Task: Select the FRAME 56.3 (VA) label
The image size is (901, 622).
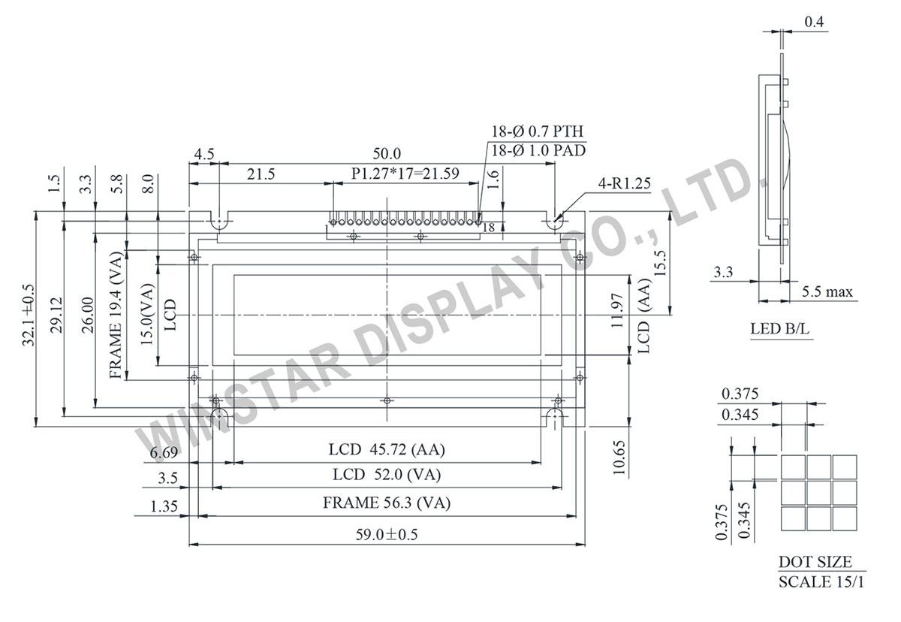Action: [387, 503]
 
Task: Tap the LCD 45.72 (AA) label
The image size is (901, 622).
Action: [387, 449]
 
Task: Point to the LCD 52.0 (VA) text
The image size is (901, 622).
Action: [387, 475]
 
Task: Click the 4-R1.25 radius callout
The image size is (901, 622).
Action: [625, 182]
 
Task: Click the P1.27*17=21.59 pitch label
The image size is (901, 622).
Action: [405, 174]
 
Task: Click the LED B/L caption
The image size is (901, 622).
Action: [781, 329]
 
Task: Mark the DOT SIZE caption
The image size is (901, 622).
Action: [815, 561]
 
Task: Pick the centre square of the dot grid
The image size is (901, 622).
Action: [818, 492]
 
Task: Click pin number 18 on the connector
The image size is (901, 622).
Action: [489, 227]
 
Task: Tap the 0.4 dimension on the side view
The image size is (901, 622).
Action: [815, 23]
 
